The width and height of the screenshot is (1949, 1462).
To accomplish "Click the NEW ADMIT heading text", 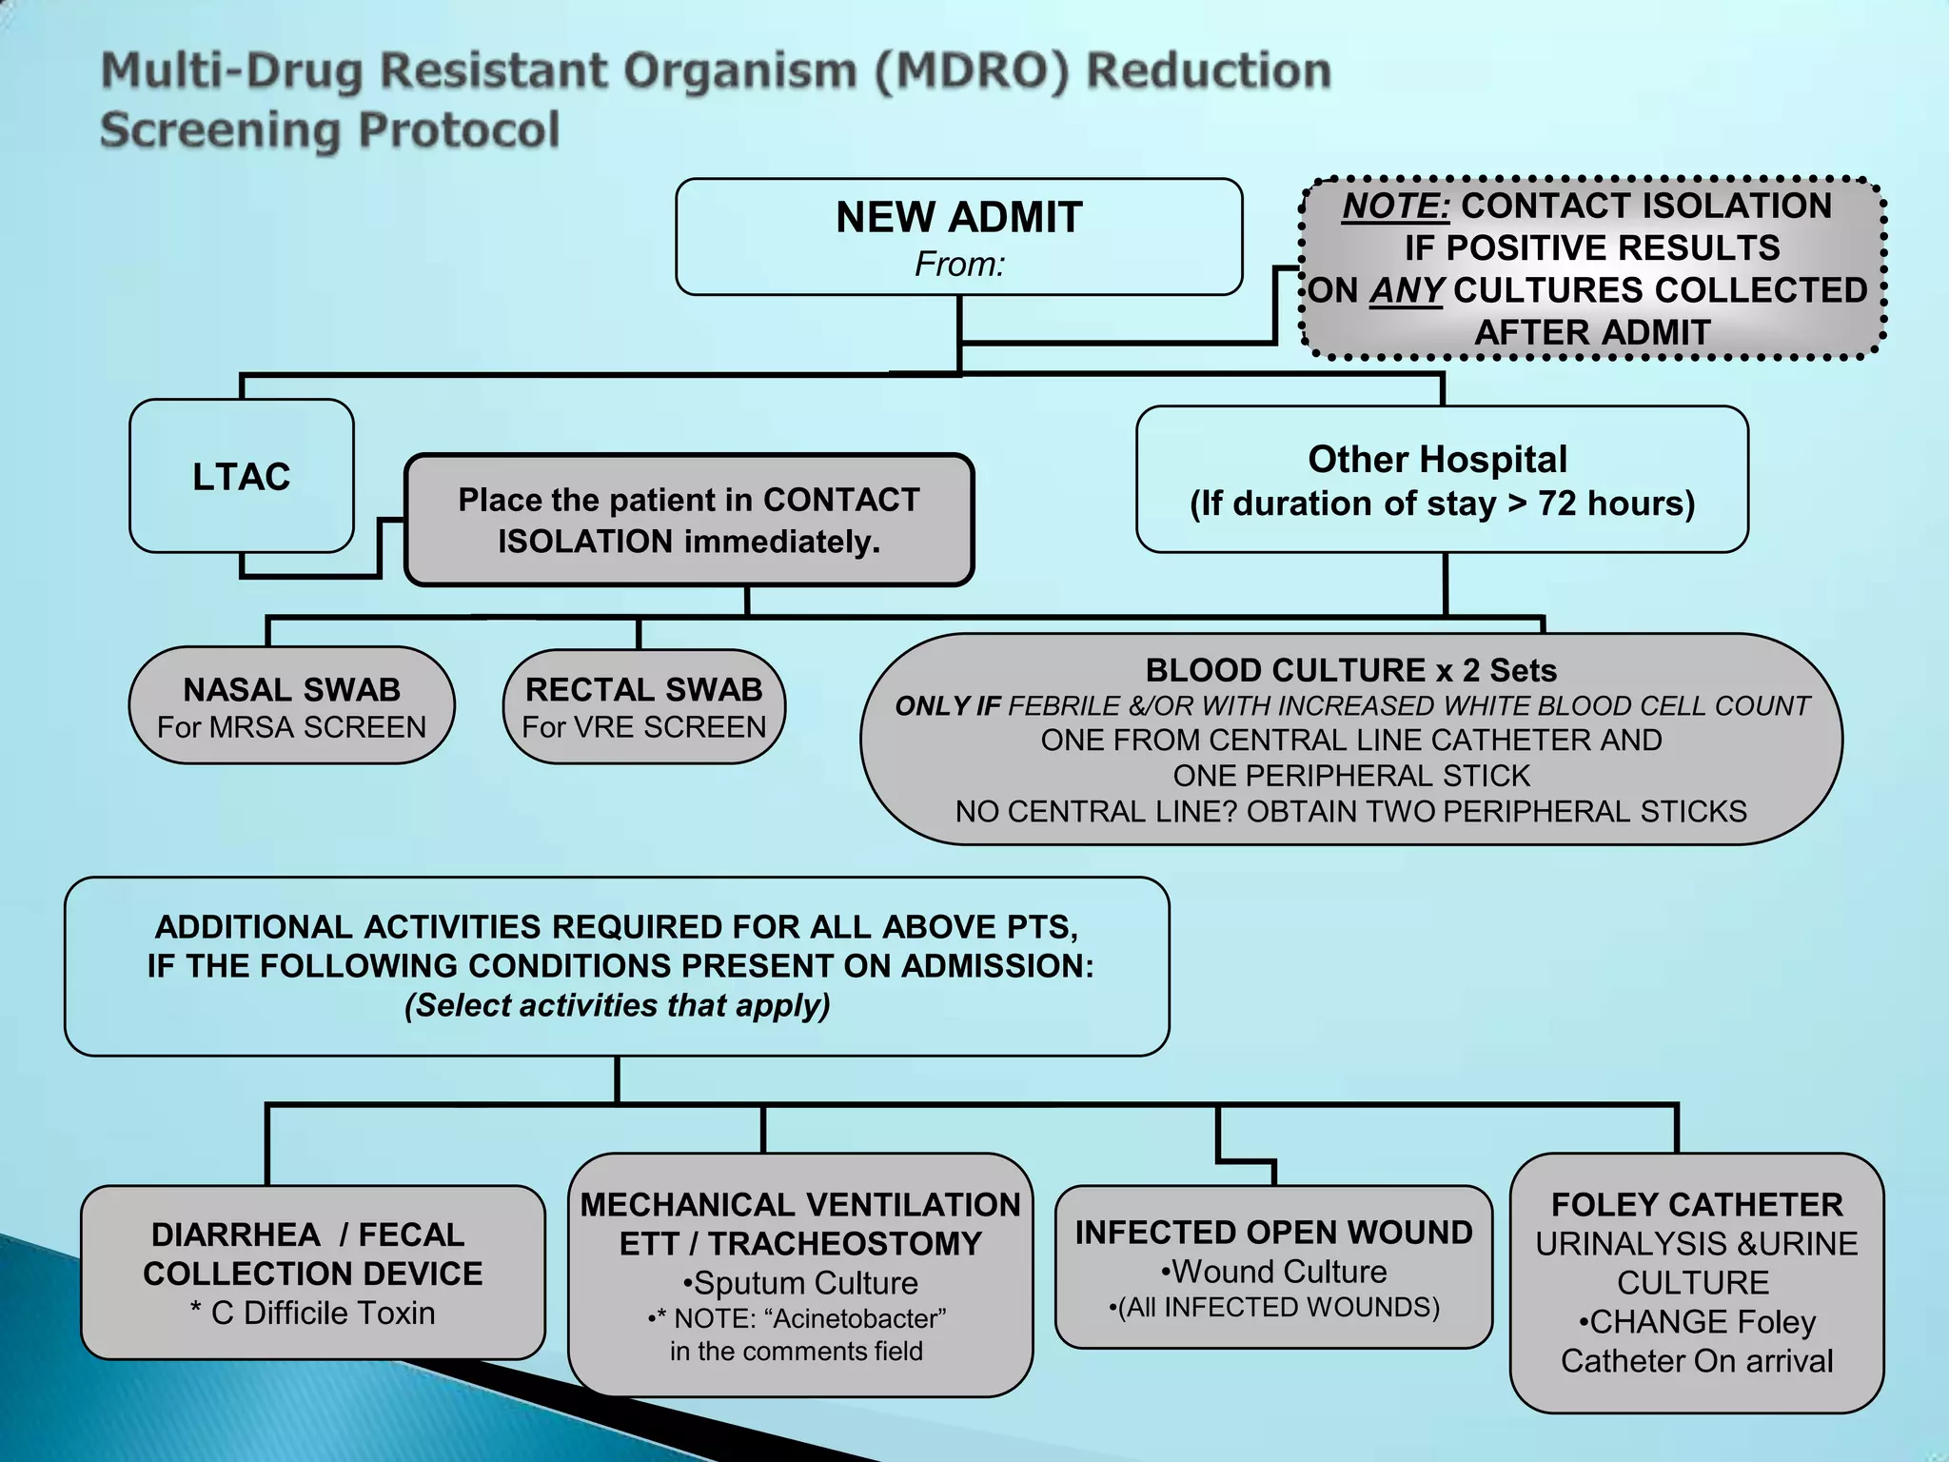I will pyautogui.click(x=958, y=218).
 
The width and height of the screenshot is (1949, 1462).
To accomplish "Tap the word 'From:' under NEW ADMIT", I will pyautogui.click(x=959, y=265).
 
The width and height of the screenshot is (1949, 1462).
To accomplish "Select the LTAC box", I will pyautogui.click(x=241, y=476).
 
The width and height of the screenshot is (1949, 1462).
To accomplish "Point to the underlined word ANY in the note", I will pyautogui.click(x=1407, y=290).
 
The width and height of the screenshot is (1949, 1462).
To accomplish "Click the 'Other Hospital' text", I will pyautogui.click(x=1437, y=460).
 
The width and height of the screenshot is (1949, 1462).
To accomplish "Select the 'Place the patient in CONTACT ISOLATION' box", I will pyautogui.click(x=688, y=520).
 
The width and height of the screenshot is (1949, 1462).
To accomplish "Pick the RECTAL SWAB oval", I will pyautogui.click(x=643, y=706).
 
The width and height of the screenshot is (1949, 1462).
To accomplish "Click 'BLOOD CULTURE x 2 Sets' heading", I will pyautogui.click(x=1350, y=670).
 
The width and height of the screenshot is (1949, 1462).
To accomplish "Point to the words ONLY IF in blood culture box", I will pyautogui.click(x=947, y=706).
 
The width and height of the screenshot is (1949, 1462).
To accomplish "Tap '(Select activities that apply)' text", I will pyautogui.click(x=617, y=1005).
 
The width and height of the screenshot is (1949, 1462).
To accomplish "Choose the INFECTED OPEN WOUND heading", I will pyautogui.click(x=1273, y=1233).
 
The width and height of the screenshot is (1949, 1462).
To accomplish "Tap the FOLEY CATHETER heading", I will pyautogui.click(x=1696, y=1205).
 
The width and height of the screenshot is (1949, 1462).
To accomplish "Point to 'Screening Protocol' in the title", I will pyautogui.click(x=330, y=130).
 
